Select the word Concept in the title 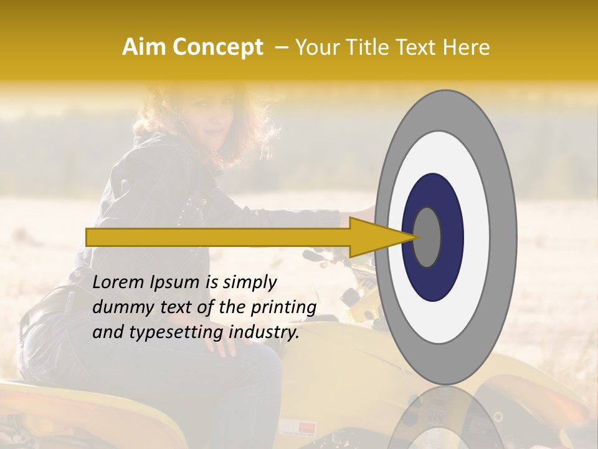point(219,47)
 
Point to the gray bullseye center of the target point(427,237)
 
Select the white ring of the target point(473,237)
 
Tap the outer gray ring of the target point(505,237)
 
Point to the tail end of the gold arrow point(91,237)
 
